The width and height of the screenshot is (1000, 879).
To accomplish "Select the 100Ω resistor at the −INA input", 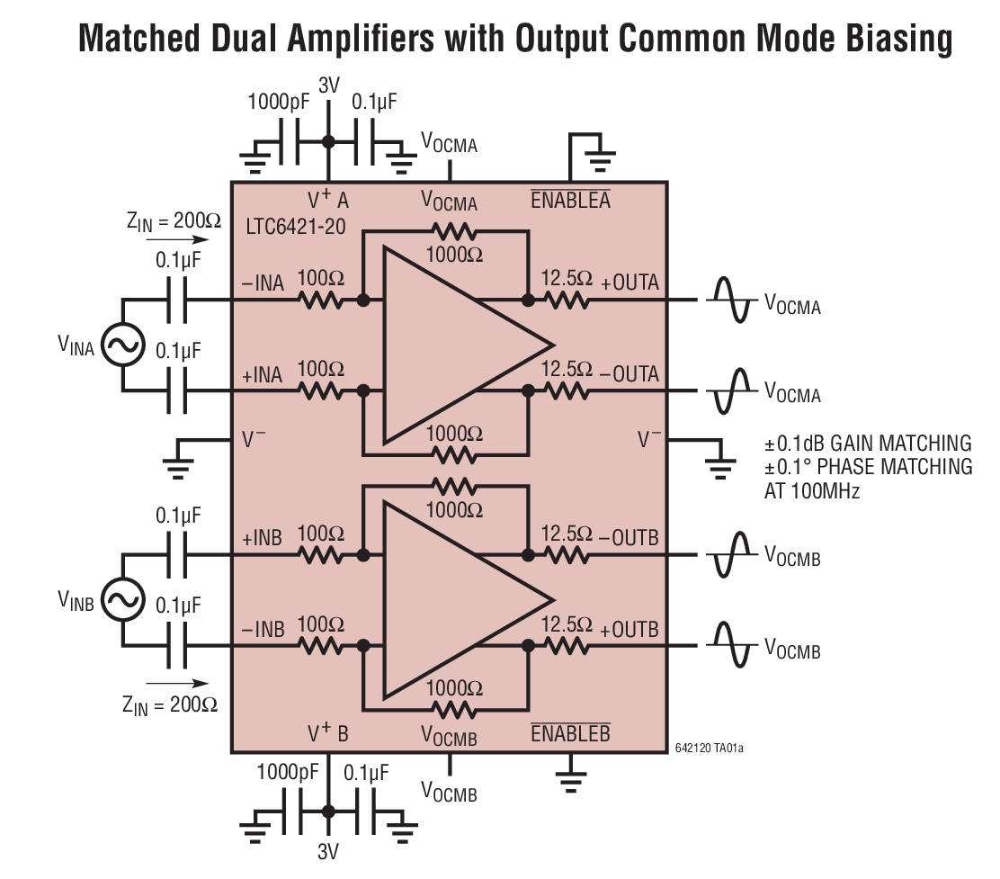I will coord(321,300).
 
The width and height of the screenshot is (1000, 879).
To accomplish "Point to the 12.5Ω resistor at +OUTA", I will coord(567,300).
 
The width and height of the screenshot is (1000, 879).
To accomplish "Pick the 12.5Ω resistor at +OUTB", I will coord(567,645).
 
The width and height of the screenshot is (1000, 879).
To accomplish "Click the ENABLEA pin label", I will coord(570,200).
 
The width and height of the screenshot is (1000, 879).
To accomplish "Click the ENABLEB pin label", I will coord(570,732).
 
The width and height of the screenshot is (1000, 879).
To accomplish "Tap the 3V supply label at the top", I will coord(329,86).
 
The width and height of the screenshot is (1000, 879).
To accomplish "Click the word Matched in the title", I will coord(136,39).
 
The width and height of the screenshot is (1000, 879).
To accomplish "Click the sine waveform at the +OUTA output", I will coord(730,300).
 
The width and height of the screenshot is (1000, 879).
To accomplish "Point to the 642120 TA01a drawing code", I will coord(710,747).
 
